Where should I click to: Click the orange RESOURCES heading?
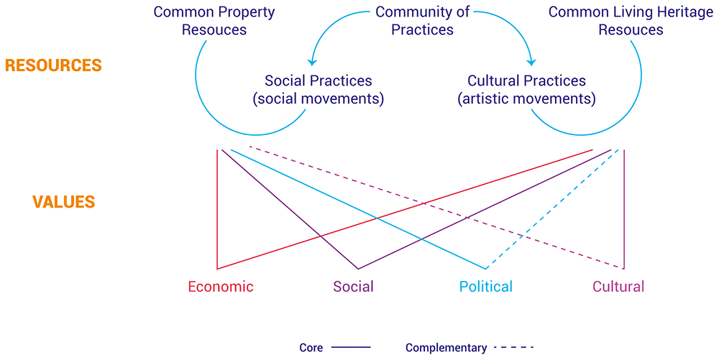click(53, 65)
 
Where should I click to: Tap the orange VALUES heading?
click(64, 202)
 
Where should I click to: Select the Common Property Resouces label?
click(214, 21)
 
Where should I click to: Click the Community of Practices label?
click(422, 21)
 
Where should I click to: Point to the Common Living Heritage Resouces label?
click(631, 21)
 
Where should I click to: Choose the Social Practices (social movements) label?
click(319, 90)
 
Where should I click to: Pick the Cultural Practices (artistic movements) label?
click(527, 90)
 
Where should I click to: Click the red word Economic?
click(221, 287)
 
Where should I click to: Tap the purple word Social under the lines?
click(354, 287)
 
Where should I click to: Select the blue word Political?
click(486, 287)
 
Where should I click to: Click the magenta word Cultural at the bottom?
click(618, 287)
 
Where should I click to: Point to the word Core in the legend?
click(311, 348)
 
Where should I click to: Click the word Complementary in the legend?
click(446, 348)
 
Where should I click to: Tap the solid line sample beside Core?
click(352, 348)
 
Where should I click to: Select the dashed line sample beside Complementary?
click(514, 348)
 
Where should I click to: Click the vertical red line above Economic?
click(217, 209)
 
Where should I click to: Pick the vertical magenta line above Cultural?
click(624, 209)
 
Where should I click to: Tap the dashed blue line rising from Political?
click(552, 209)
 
